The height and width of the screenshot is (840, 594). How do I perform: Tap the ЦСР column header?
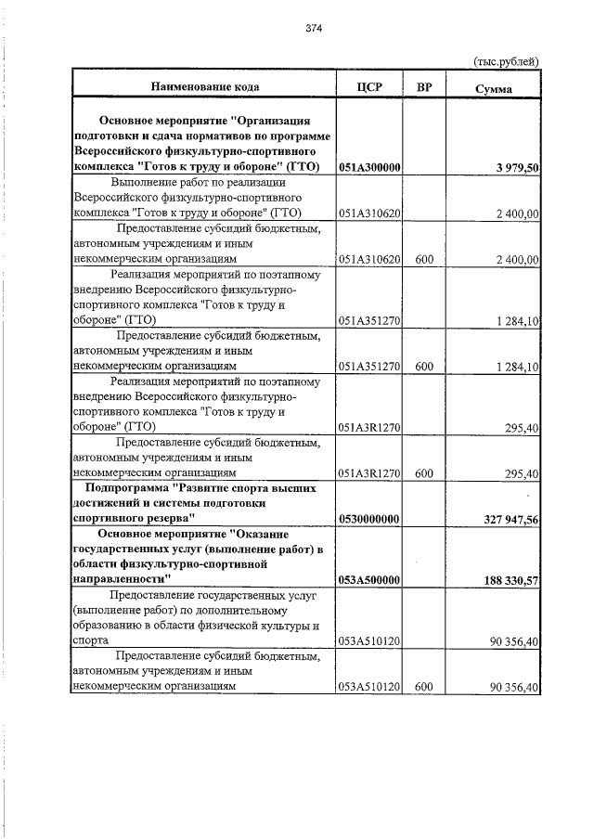coord(369,87)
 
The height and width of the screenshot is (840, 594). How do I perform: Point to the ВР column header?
coord(424,87)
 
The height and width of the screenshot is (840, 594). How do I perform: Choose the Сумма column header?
coord(493,88)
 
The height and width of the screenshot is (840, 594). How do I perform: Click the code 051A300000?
coord(369,167)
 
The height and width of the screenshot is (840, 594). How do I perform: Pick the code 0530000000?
coord(369,518)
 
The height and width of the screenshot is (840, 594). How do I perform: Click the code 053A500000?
coord(369,580)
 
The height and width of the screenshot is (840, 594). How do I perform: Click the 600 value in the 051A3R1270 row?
coord(424,473)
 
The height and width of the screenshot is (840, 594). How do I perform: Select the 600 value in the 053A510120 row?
coord(424,687)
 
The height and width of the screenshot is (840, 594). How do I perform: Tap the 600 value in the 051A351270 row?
coord(424,367)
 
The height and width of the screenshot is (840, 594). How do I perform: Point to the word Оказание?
coord(283,535)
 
